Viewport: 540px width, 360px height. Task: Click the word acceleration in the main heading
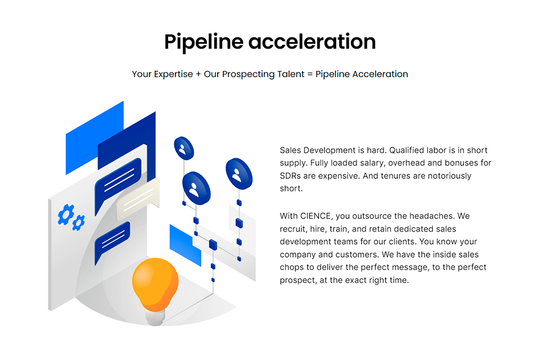(312, 42)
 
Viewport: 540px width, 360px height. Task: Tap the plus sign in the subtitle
(199, 74)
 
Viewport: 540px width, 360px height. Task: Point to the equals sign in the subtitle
(310, 74)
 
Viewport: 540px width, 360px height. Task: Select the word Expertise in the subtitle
(173, 74)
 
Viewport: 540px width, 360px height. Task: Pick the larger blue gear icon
(66, 214)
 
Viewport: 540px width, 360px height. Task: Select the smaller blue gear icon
(79, 223)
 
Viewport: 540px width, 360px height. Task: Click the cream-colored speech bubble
(138, 200)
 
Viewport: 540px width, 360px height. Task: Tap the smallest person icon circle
(184, 148)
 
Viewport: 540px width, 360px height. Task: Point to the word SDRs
(290, 176)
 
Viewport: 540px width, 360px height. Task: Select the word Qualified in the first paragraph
(406, 150)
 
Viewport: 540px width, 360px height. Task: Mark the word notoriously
(449, 176)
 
